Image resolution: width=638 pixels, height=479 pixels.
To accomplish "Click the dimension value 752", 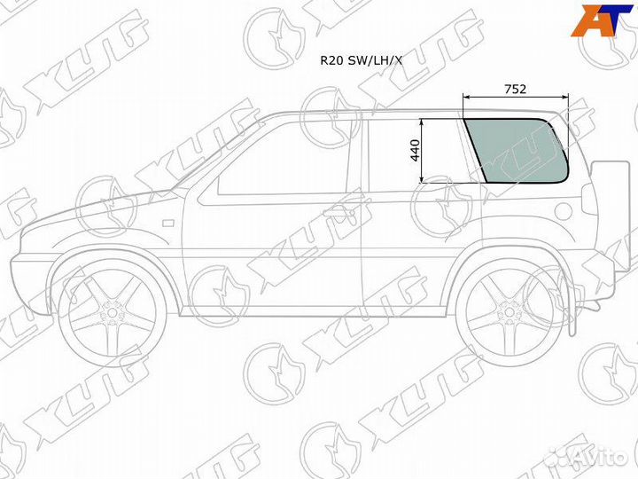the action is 515,89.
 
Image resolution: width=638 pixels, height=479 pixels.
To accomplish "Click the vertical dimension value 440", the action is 415,150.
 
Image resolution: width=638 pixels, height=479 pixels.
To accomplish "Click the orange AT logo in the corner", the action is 602,20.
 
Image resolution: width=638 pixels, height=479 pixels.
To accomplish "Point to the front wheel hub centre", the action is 112,313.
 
